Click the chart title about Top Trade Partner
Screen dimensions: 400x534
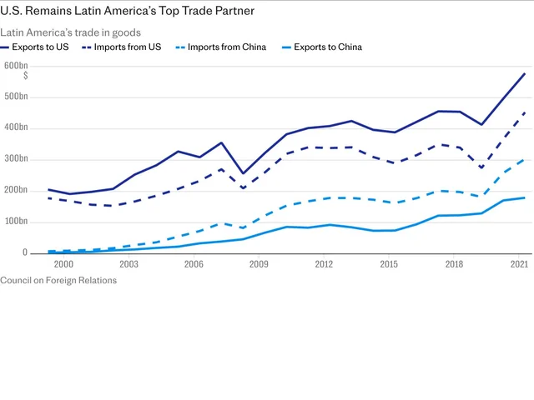point(128,11)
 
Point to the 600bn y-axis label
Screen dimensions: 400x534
point(16,65)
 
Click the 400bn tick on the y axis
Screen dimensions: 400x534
point(16,127)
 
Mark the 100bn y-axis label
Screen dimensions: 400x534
point(16,222)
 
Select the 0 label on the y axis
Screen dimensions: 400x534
point(25,253)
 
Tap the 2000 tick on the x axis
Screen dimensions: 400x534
point(63,264)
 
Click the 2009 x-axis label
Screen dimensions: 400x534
point(259,264)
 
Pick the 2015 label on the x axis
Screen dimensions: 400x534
point(389,264)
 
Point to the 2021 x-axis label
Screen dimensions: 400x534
point(519,264)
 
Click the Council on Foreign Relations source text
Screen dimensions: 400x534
point(58,281)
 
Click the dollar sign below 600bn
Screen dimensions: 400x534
point(26,76)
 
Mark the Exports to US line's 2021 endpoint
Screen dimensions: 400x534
point(525,73)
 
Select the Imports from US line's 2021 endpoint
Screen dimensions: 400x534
point(525,112)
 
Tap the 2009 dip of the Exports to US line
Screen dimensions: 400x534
point(242,173)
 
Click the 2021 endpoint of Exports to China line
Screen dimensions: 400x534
point(525,197)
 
